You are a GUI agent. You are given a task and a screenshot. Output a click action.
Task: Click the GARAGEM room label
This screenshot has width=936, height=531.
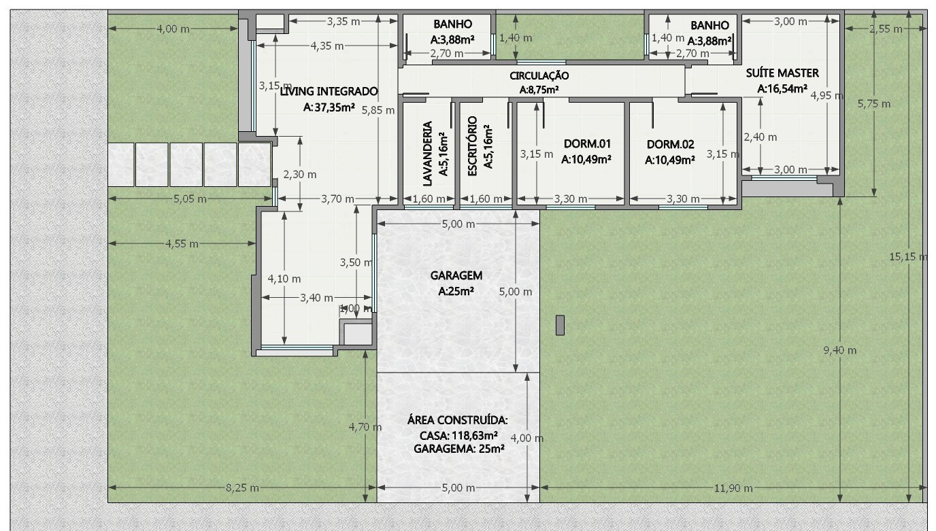tap(456, 275)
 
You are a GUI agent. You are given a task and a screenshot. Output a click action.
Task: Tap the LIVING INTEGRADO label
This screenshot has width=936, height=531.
tap(329, 91)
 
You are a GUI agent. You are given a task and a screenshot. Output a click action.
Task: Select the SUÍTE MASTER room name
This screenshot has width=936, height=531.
tap(782, 73)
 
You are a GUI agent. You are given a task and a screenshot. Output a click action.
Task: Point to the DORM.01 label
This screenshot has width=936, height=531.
tap(587, 143)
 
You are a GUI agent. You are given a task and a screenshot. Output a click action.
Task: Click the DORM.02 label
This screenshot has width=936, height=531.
tap(670, 144)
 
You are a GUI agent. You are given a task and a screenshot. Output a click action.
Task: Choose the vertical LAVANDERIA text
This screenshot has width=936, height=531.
tap(428, 154)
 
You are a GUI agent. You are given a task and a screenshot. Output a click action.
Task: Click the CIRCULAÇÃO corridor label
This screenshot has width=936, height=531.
tap(539, 76)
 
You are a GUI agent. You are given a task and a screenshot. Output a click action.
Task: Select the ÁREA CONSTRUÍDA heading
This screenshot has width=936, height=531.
tap(458, 419)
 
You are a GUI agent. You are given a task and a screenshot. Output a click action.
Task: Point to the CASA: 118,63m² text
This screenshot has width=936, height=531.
tap(458, 435)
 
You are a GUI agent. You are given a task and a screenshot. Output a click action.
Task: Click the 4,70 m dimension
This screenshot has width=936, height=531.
tap(365, 427)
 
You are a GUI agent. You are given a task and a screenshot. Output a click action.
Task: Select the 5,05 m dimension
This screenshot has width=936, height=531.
tap(190, 199)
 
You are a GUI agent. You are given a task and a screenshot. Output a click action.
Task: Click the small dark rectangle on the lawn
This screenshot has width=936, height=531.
tap(560, 325)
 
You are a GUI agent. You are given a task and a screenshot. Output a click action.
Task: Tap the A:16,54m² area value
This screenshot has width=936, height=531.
tap(782, 88)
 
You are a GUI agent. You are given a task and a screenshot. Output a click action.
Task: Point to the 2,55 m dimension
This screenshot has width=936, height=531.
tap(885, 29)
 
